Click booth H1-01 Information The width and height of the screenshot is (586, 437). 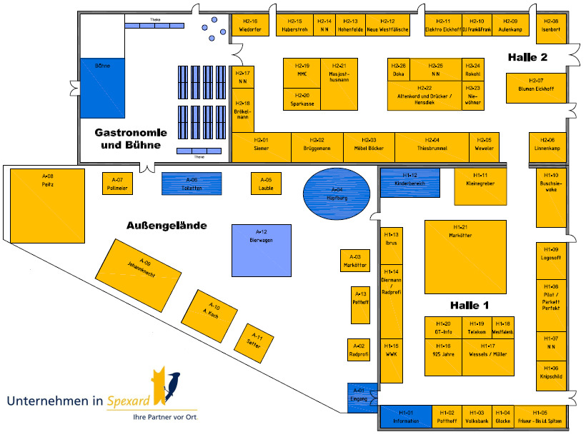click(x=406, y=417)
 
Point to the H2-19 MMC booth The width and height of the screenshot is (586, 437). click(x=302, y=74)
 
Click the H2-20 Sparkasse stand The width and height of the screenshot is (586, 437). click(x=302, y=99)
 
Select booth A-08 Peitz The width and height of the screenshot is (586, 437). click(x=48, y=204)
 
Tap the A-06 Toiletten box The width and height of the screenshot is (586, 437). click(x=192, y=184)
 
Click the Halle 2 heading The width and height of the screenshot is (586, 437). click(x=528, y=57)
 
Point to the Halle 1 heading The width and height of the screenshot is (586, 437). click(x=469, y=305)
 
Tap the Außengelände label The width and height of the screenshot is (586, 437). click(x=167, y=226)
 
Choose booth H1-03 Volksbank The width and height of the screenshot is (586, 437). click(x=476, y=417)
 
